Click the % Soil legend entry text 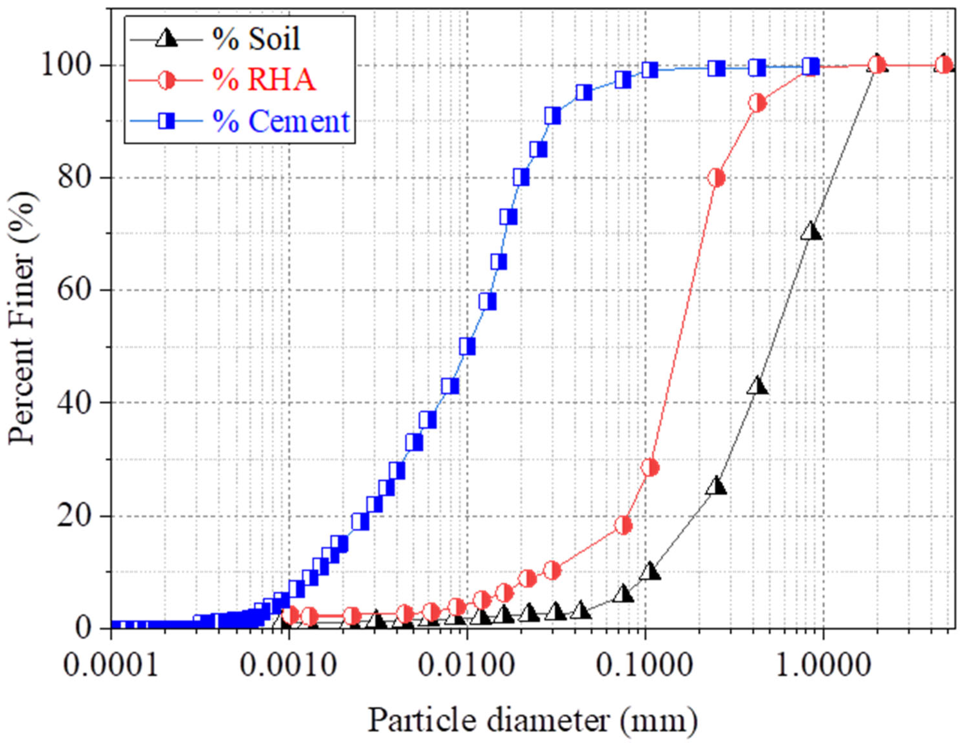click(x=256, y=39)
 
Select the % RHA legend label click(x=264, y=80)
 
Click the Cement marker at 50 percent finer click(x=467, y=347)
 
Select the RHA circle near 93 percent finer click(x=758, y=103)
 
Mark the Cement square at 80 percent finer click(x=521, y=177)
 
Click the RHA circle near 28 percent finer click(x=650, y=467)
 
